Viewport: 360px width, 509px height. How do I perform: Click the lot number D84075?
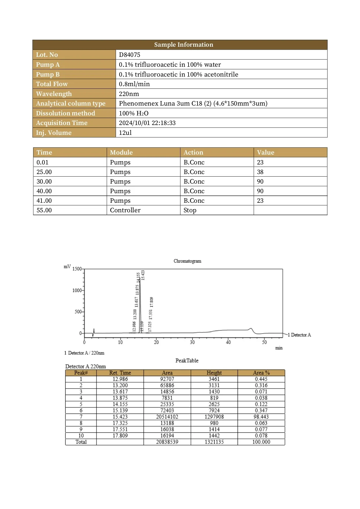pos(129,55)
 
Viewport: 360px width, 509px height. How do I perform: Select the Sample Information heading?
pos(183,45)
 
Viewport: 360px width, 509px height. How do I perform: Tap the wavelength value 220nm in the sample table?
pos(129,94)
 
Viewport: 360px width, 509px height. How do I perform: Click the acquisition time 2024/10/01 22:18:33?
pos(147,123)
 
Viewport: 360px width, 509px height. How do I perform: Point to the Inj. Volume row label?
pos(54,133)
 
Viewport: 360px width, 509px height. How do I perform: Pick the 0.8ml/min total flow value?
pos(134,84)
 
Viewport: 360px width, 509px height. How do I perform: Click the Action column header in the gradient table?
pos(193,153)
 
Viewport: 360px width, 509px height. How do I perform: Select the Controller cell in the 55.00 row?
pos(125,210)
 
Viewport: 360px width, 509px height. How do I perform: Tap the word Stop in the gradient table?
pos(190,210)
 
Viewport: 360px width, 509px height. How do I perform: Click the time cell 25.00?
pos(44,172)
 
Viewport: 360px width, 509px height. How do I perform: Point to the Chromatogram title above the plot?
pos(187,261)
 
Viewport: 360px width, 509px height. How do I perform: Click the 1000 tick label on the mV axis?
pos(77,290)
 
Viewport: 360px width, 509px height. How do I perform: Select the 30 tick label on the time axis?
pos(192,342)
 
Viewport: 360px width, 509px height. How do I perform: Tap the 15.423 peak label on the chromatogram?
pos(143,275)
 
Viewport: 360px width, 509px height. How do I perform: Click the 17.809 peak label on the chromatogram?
pos(151,302)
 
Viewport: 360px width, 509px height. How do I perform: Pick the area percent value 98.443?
pos(261,417)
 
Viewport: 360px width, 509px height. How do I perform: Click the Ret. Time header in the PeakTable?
pos(120,373)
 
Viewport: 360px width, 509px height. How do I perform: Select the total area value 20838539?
pos(167,442)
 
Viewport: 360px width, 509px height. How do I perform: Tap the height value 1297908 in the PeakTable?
pos(214,417)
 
